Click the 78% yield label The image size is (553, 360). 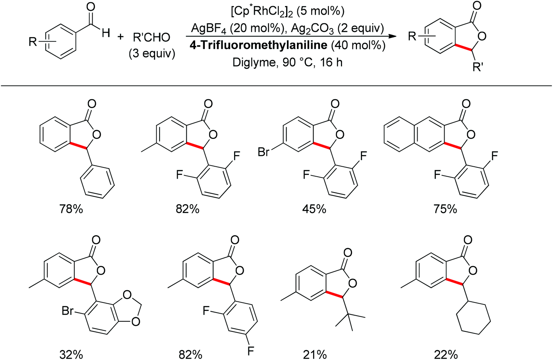(71, 209)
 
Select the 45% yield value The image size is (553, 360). (314, 209)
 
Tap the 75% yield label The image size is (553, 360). (445, 209)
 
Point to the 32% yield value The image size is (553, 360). (71, 354)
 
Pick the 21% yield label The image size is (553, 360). (315, 354)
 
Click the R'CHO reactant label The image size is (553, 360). (151, 37)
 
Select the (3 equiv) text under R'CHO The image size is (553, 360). (152, 54)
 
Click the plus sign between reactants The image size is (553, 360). (121, 37)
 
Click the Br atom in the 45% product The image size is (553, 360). (264, 152)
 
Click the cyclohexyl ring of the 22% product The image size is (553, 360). (473, 320)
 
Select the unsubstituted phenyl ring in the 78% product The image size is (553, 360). (98, 182)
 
